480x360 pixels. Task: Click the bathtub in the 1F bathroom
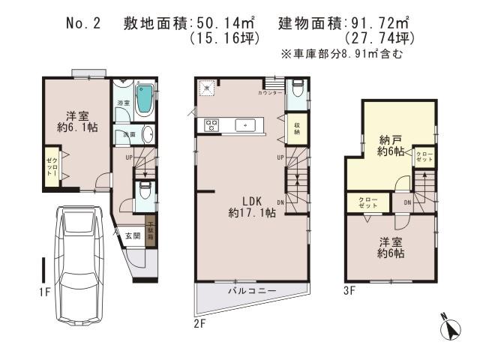pos(145,99)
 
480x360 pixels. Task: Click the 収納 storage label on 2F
pos(298,127)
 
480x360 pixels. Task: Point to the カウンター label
pos(269,93)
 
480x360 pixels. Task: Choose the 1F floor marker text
pos(44,292)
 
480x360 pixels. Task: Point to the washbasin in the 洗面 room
pos(147,135)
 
